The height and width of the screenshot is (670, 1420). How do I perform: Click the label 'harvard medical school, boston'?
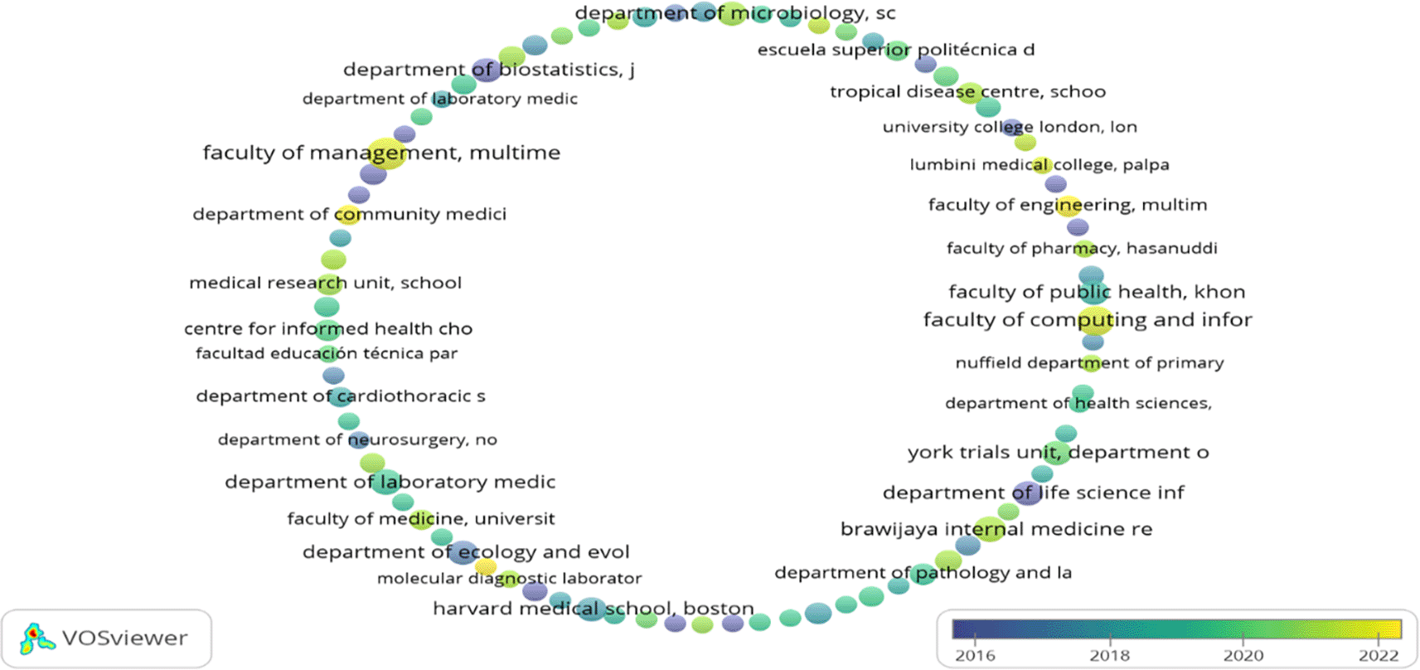coord(593,609)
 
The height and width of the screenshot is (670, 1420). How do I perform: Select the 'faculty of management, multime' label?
coord(381,153)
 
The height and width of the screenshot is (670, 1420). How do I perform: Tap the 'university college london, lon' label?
coord(1010,127)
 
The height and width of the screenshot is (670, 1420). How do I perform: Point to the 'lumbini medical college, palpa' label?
coord(1040,165)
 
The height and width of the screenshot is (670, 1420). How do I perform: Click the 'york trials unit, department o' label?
coord(1058,453)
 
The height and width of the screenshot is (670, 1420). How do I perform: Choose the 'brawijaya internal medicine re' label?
coord(996,529)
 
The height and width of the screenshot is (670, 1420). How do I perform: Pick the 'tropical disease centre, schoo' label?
coord(967,92)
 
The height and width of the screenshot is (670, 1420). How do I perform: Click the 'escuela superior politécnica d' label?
coord(895,50)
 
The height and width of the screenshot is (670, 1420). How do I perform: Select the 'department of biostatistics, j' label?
coord(488,70)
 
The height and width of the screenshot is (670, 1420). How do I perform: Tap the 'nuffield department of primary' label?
coord(1089,363)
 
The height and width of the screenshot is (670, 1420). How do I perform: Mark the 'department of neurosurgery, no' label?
coord(357,439)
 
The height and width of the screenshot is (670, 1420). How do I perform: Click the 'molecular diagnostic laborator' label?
coord(509,578)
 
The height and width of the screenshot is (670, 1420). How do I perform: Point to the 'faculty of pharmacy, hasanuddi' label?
coord(1082,248)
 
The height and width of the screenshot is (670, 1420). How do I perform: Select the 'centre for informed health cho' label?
coord(328,328)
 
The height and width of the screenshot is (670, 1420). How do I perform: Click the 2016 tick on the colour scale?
coord(975,655)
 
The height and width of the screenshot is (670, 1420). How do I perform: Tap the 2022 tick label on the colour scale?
coord(1378,655)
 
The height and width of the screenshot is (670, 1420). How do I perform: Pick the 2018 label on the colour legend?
coord(1109,655)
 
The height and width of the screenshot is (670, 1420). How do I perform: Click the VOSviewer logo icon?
coord(35,638)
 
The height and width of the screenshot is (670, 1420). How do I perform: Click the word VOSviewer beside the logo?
coord(124,638)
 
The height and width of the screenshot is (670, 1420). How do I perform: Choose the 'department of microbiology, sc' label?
coord(734,13)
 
